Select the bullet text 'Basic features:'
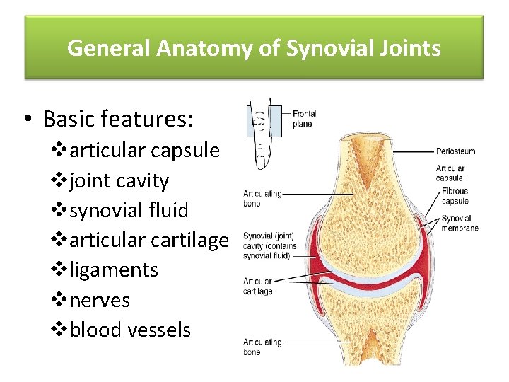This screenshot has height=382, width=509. click(x=117, y=119)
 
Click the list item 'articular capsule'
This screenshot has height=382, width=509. click(x=145, y=151)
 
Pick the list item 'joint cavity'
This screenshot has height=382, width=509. click(x=119, y=180)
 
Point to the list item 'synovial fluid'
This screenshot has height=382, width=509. click(x=129, y=210)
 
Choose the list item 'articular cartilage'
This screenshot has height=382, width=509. click(x=149, y=240)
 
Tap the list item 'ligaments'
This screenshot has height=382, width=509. click(x=114, y=270)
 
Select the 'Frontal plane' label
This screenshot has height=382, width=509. click(x=304, y=118)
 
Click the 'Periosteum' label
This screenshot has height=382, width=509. click(x=455, y=151)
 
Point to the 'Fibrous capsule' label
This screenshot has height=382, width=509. click(x=455, y=196)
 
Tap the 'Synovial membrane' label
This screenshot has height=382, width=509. click(x=460, y=224)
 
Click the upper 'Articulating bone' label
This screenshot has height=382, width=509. click(x=262, y=198)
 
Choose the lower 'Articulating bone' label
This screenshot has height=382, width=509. click(x=262, y=347)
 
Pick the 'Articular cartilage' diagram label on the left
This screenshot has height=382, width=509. click(x=258, y=286)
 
